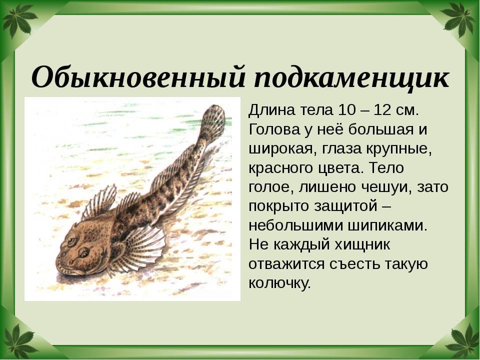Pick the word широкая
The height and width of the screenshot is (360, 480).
[278, 149]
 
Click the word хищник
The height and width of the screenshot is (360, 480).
[362, 245]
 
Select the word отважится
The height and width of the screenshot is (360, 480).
[286, 264]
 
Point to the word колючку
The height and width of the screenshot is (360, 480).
[279, 283]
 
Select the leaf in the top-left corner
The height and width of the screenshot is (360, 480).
[18, 18]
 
